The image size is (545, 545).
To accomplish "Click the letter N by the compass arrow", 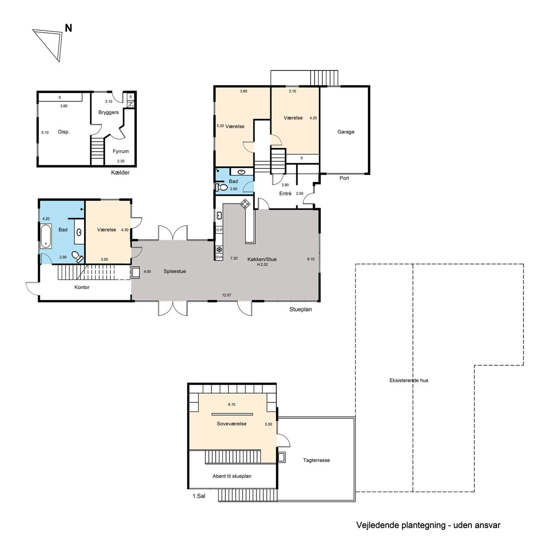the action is tap(69, 28).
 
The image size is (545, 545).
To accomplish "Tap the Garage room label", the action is tap(346, 132).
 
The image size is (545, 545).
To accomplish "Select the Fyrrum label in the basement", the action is tap(120, 151).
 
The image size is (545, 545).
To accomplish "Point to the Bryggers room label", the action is tap(109, 112).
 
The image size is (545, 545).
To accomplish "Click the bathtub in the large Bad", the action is tap(46, 236).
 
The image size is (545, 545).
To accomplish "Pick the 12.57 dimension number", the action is tap(227, 295).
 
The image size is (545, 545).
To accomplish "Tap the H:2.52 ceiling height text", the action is tap(262, 265).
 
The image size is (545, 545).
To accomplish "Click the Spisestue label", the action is tap(175, 272).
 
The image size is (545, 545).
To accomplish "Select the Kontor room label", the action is tap(82, 287).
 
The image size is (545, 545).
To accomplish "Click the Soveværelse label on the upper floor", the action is tap(231, 424).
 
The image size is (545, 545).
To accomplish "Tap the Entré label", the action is tap(285, 193).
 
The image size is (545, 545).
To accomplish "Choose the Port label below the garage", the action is tap(344, 178).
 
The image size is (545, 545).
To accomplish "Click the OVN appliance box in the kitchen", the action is tap(219, 257).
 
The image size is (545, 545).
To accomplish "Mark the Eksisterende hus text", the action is tap(409, 381).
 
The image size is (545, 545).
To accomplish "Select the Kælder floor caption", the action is tap(120, 173).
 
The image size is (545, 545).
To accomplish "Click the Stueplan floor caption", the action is tap(300, 309).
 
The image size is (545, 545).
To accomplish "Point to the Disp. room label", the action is tap(64, 132).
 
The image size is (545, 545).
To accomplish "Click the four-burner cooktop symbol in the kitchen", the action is tap(245, 203).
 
